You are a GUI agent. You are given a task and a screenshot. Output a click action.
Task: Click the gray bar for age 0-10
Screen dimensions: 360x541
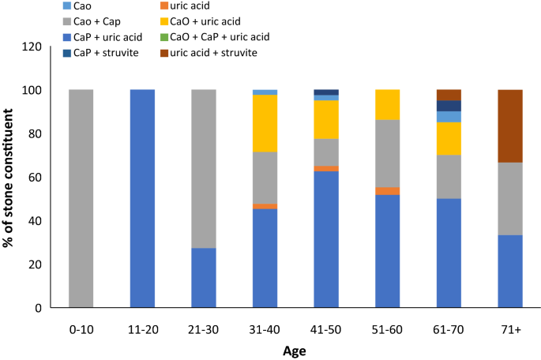tap(81, 198)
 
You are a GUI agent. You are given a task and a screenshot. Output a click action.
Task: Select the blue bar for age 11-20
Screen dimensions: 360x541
tap(142, 198)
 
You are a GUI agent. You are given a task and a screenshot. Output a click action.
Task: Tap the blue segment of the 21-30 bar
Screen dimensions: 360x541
tap(204, 277)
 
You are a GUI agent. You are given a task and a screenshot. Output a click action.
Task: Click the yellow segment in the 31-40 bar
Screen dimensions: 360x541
tap(265, 123)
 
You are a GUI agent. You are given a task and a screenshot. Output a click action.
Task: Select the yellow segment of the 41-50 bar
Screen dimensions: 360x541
tap(326, 119)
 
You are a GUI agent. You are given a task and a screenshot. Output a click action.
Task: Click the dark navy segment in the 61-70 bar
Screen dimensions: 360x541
tap(449, 106)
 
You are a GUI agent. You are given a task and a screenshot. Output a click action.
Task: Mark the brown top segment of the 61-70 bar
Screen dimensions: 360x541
tap(449, 95)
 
